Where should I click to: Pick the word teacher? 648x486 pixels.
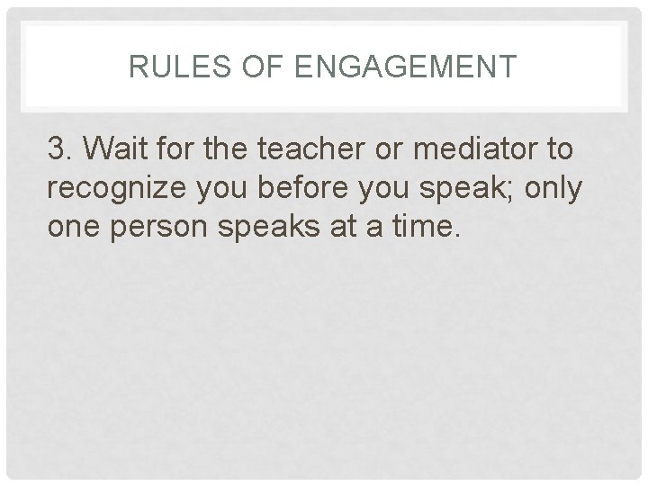pyautogui.click(x=296, y=149)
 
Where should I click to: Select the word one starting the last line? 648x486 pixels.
pyautogui.click(x=75, y=229)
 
